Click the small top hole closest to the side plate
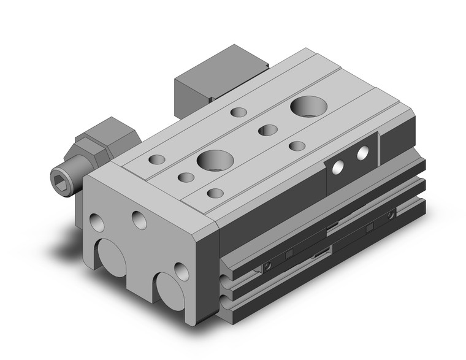pos(297,146)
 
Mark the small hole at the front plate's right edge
pos(180,270)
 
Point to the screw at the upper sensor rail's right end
pos(391,215)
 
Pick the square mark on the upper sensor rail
pos(369,227)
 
